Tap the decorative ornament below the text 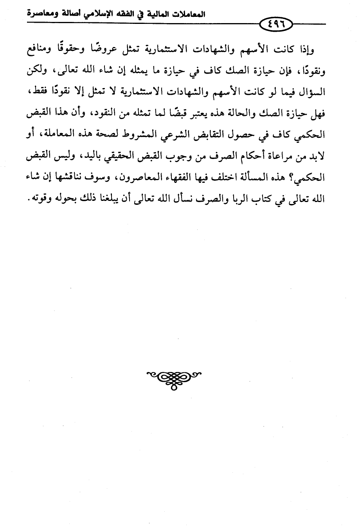pos(174,378)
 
